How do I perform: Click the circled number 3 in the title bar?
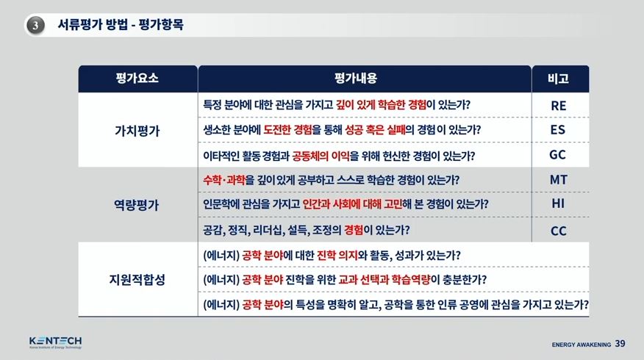(35, 26)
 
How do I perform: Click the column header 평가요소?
(137, 78)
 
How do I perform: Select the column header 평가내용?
(356, 78)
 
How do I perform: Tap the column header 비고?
(558, 79)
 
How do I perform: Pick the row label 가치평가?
(137, 131)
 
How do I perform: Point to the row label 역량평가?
(136, 205)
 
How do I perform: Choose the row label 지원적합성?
(137, 279)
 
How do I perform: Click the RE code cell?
(559, 106)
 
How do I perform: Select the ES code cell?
(558, 130)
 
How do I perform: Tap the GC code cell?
(558, 155)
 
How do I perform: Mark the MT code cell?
(559, 179)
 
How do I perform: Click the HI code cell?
(558, 204)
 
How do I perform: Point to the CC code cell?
(559, 231)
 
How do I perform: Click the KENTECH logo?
(55, 342)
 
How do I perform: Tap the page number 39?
(620, 344)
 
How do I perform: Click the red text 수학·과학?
(224, 180)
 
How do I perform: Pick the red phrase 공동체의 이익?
(321, 156)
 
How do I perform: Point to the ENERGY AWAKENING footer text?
(582, 345)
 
